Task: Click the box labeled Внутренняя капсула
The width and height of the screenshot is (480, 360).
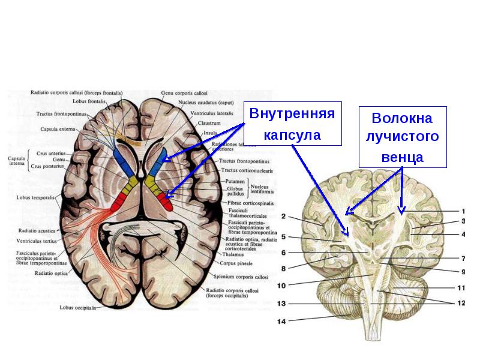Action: point(292,124)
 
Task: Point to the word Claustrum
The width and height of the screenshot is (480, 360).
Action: point(209,122)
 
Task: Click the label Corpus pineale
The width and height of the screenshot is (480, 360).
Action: point(217,262)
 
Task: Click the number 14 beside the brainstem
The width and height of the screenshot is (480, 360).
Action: point(281,322)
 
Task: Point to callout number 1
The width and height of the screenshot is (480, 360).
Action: point(463,211)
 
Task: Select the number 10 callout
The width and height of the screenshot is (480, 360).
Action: point(281,286)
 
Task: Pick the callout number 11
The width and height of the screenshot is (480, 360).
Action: point(461,287)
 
